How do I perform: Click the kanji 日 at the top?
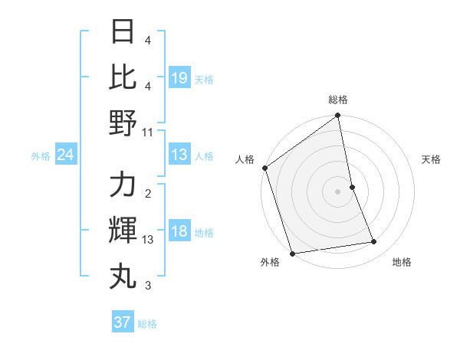(x=123, y=32)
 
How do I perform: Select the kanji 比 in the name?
(x=123, y=77)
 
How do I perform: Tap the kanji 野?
(x=123, y=122)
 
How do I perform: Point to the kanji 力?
(x=123, y=185)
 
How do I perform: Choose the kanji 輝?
(x=123, y=230)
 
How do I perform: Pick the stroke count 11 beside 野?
(x=148, y=132)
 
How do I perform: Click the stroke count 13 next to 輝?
(x=148, y=240)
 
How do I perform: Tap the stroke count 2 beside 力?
(x=148, y=195)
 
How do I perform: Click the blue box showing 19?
(x=179, y=77)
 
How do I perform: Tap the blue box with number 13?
(x=179, y=155)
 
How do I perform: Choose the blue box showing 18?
(x=179, y=232)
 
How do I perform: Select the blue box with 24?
(x=66, y=155)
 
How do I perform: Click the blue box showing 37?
(x=123, y=322)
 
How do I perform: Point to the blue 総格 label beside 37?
(x=148, y=324)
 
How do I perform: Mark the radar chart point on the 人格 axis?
(x=265, y=168)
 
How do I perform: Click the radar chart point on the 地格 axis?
(x=374, y=242)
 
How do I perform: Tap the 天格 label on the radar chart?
(x=432, y=159)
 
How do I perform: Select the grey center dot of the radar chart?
(x=337, y=191)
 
